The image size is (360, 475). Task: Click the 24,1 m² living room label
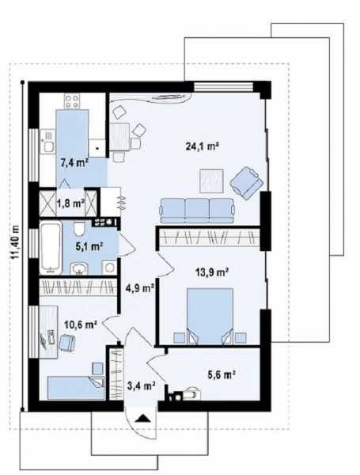(x=202, y=146)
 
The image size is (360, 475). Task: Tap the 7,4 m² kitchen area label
(x=74, y=163)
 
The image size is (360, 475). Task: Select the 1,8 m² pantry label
(x=70, y=203)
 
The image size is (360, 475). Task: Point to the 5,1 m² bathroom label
(x=89, y=245)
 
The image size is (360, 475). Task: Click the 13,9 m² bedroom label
(x=211, y=272)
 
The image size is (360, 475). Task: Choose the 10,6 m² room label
(x=81, y=325)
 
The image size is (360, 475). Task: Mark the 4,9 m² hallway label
(x=140, y=288)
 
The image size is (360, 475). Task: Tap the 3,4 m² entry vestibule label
(x=142, y=386)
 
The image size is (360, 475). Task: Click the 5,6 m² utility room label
(x=222, y=374)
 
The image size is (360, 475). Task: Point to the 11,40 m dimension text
(x=15, y=242)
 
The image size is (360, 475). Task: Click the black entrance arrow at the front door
(x=142, y=418)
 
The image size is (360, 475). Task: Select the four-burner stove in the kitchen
(x=72, y=101)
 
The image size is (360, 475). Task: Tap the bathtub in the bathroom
(x=51, y=248)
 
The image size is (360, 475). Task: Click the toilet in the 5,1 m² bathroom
(x=80, y=229)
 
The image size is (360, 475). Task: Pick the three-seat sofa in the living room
(x=198, y=211)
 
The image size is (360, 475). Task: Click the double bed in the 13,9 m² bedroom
(x=210, y=316)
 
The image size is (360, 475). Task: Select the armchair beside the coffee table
(x=246, y=183)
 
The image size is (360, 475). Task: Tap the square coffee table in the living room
(x=211, y=180)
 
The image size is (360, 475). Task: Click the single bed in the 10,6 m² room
(x=76, y=388)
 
